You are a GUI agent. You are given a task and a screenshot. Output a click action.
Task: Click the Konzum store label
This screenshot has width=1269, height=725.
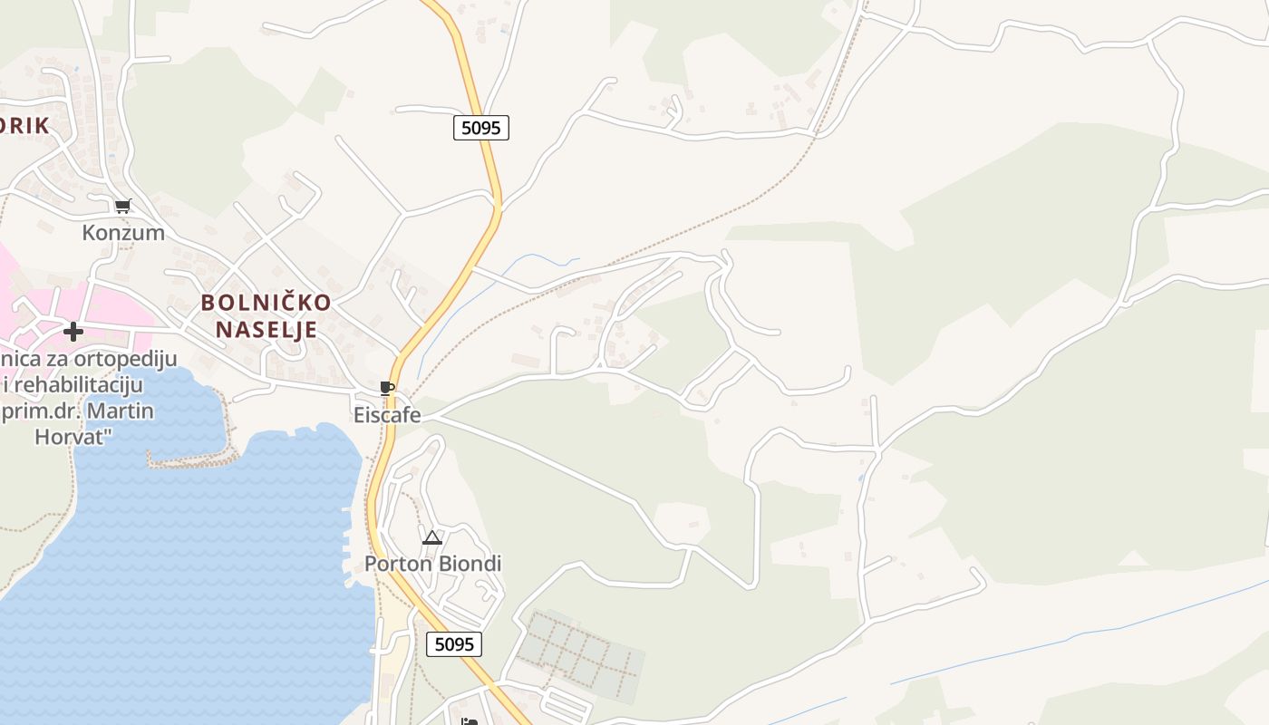click(123, 233)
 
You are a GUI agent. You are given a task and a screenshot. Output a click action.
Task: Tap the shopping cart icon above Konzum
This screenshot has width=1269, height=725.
click(123, 206)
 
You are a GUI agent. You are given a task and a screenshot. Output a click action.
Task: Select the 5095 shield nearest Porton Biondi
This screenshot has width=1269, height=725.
click(454, 644)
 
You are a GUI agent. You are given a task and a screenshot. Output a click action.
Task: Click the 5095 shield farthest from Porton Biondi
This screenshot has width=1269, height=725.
click(480, 128)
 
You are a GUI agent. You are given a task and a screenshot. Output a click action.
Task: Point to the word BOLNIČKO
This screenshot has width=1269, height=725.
click(266, 303)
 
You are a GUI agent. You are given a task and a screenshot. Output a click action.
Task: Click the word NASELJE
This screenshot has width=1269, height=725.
click(266, 330)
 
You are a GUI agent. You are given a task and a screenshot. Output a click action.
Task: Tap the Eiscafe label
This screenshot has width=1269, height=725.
click(387, 415)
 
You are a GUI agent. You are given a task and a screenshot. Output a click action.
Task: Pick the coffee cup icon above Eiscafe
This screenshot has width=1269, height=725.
click(387, 389)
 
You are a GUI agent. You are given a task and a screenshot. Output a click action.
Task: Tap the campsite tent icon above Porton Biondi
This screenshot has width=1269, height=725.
click(432, 537)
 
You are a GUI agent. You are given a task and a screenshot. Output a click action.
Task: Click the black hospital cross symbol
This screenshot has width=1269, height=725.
click(73, 332)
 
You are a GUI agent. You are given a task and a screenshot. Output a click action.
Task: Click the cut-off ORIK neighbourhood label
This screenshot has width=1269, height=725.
click(24, 126)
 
